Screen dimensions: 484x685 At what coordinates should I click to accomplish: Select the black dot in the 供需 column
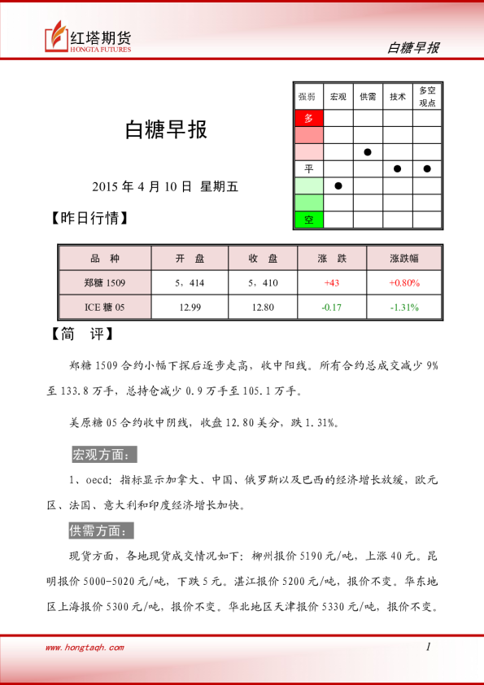368,151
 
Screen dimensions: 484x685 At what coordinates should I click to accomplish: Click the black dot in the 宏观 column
338,185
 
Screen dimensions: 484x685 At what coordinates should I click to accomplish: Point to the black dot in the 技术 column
398,168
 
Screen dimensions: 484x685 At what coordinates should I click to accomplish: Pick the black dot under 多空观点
427,168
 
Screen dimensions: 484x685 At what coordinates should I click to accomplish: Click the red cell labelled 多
308,118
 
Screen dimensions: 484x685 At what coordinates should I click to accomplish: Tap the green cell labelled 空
308,220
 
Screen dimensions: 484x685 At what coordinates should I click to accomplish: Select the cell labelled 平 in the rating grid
308,168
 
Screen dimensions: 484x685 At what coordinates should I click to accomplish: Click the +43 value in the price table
332,282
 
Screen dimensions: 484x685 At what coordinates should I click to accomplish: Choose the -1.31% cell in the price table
404,307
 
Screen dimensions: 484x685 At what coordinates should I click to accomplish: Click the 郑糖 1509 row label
105,282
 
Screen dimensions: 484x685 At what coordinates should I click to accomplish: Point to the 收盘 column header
263,259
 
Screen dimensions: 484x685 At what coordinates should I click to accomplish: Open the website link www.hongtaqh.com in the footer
85,648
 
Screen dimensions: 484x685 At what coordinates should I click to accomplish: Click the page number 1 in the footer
428,647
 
